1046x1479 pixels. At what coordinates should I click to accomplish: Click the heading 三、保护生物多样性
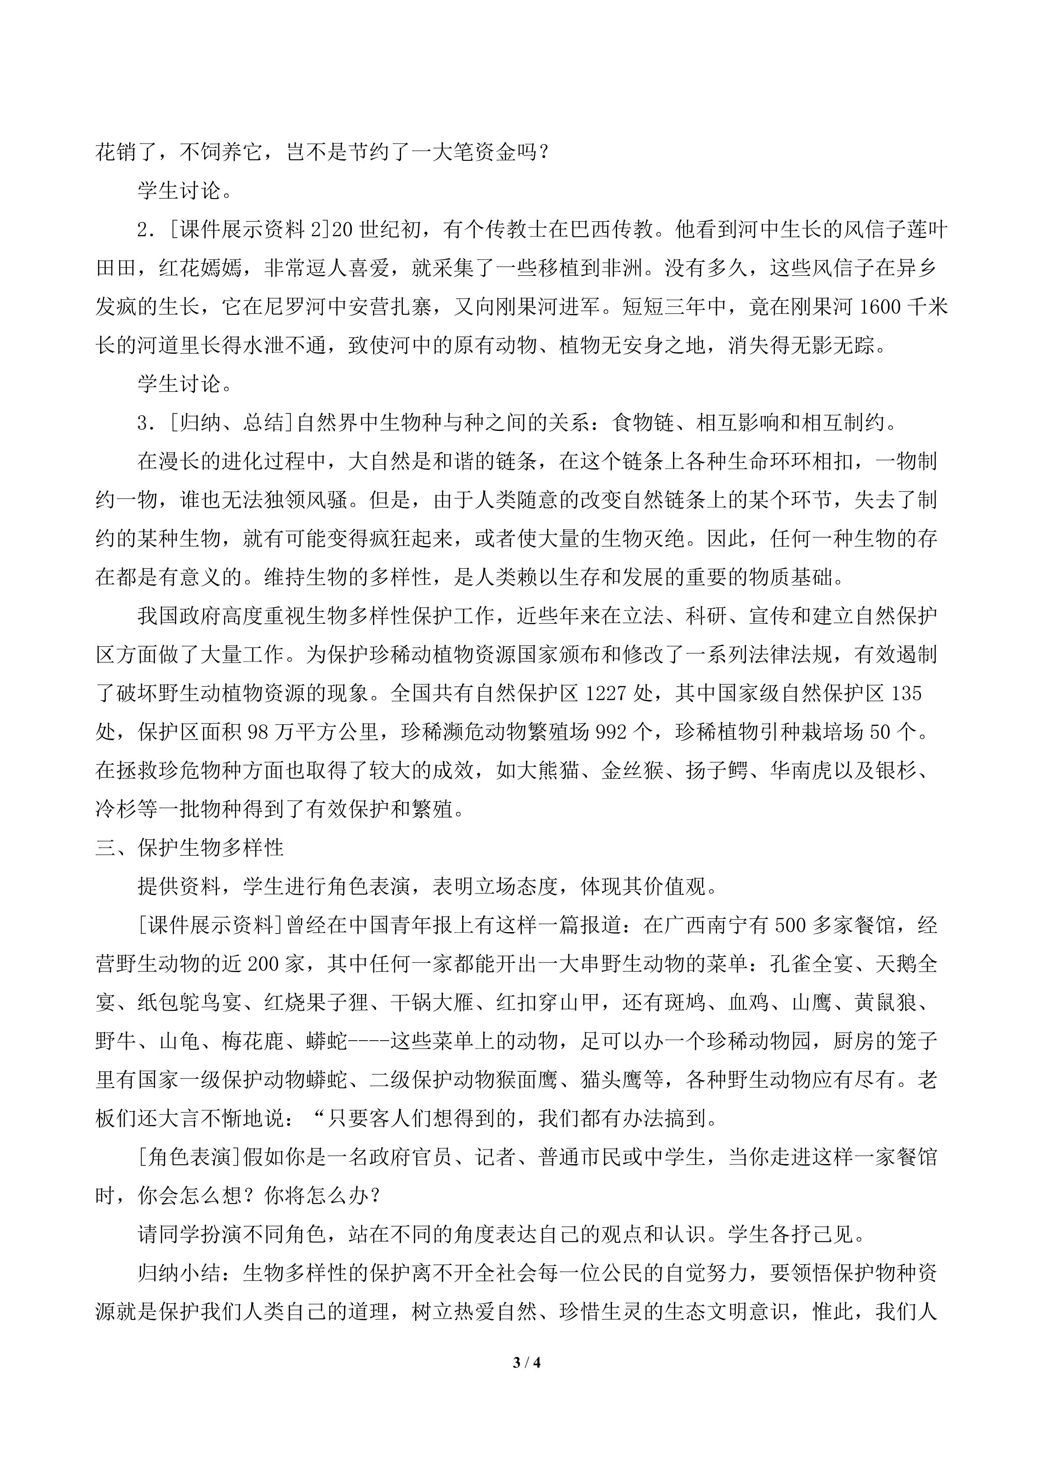coord(190,848)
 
